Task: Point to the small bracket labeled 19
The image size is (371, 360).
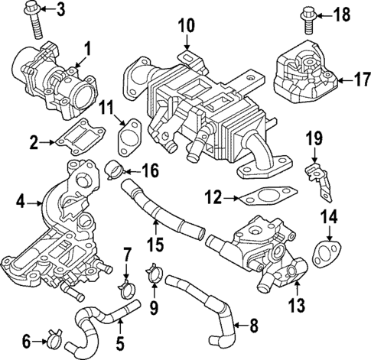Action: point(317,173)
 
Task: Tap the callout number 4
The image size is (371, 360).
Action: point(21,202)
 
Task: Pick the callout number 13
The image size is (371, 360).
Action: point(295,307)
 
